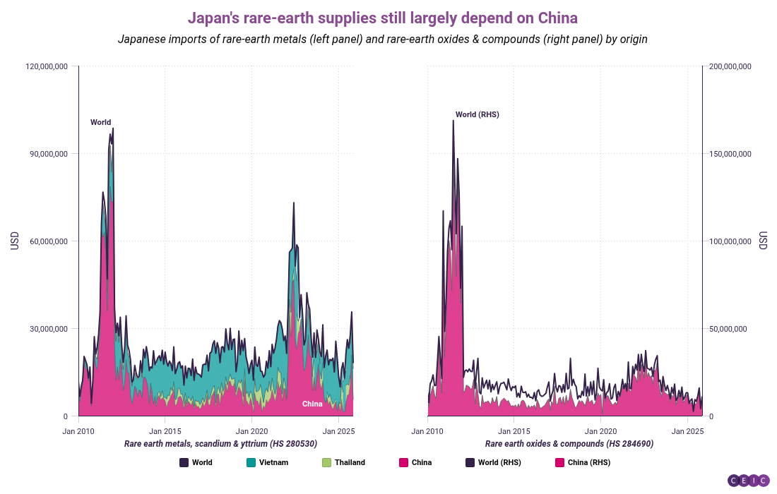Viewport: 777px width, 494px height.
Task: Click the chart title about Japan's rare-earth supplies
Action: point(382,17)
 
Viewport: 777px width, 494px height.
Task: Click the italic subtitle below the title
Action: point(382,40)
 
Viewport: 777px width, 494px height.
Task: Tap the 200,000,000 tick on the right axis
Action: point(731,66)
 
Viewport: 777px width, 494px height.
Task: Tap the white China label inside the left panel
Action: point(312,404)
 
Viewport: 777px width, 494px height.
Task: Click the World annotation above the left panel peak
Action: point(100,122)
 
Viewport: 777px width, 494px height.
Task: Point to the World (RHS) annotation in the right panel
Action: point(477,114)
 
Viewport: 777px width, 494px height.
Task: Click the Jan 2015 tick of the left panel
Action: point(165,430)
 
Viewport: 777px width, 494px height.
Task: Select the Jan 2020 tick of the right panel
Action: point(601,430)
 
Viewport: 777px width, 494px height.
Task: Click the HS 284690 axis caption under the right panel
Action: point(569,444)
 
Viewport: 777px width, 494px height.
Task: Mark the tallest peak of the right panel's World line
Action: point(453,121)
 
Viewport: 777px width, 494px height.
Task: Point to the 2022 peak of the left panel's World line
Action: point(294,203)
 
